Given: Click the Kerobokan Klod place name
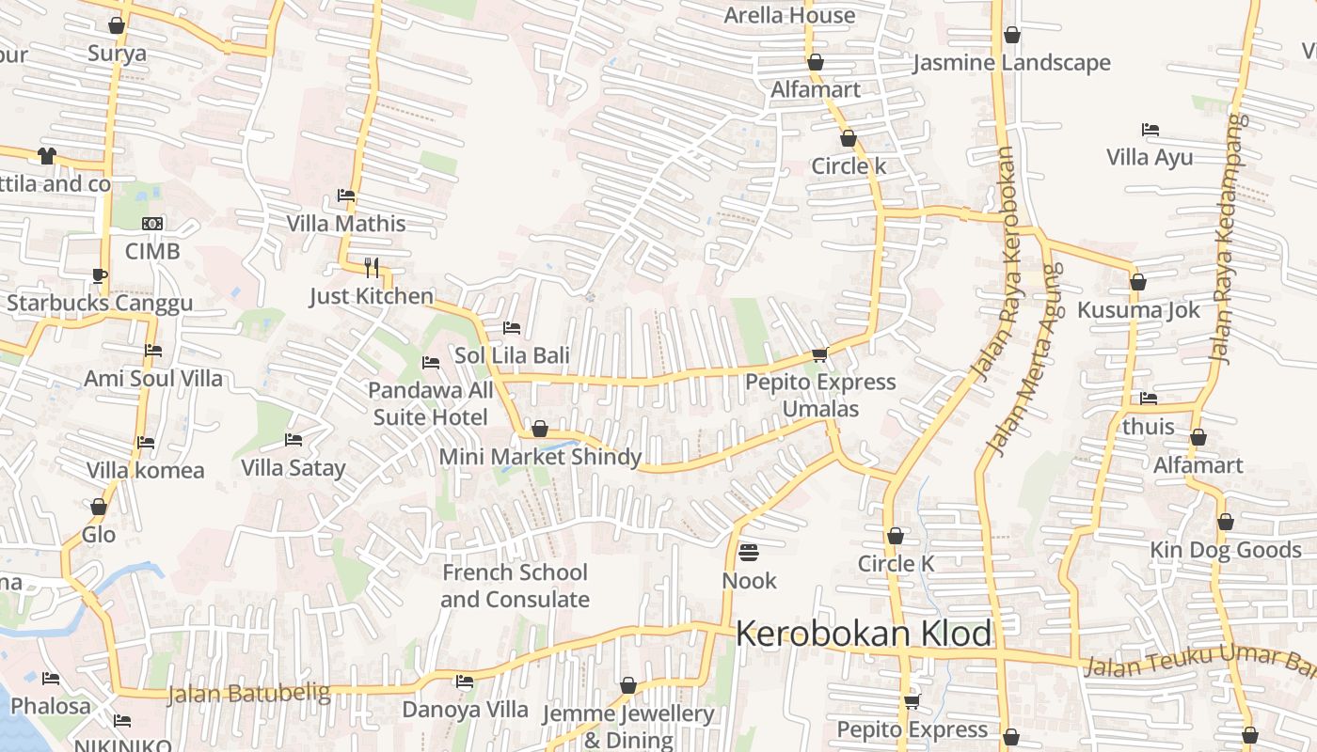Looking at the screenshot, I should (863, 634).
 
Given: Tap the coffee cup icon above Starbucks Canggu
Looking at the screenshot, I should (100, 275).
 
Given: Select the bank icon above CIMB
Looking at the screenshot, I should (152, 224).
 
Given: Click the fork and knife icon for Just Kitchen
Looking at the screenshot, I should (372, 268).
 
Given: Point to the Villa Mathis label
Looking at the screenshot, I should (346, 224).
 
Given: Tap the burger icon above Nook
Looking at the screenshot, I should (749, 552).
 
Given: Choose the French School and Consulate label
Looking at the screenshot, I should (515, 586).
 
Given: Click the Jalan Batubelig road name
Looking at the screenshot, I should (249, 695).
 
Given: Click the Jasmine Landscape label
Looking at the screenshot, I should (1012, 63).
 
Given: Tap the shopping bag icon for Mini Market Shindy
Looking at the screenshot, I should (540, 430).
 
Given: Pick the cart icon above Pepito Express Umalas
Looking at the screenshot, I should (819, 354).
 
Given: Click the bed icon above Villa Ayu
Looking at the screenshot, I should (1150, 130).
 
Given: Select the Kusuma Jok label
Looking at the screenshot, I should (1138, 310).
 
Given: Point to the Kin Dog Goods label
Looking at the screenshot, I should (1225, 550).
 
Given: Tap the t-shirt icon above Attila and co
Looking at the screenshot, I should (46, 155).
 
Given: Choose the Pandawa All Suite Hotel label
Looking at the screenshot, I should (431, 403).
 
